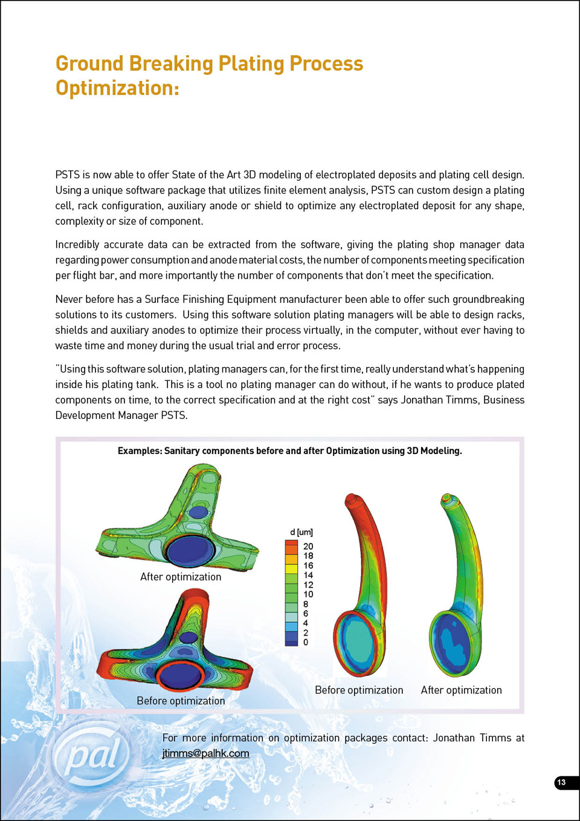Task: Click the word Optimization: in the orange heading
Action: [117, 88]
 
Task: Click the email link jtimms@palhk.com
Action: [205, 753]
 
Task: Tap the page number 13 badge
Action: [562, 782]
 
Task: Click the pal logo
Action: [92, 756]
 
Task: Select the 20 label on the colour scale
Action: [308, 546]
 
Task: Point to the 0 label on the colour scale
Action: [306, 642]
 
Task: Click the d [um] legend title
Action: [301, 532]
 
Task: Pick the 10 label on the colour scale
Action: [308, 594]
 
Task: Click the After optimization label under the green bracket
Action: [181, 577]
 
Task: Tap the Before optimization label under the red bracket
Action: [181, 701]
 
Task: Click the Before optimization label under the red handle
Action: [359, 690]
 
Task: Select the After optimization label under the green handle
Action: [461, 690]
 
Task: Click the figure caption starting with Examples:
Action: [289, 450]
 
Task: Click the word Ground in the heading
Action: [89, 63]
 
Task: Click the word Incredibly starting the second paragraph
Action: [77, 244]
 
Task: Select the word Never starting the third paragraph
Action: [68, 299]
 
